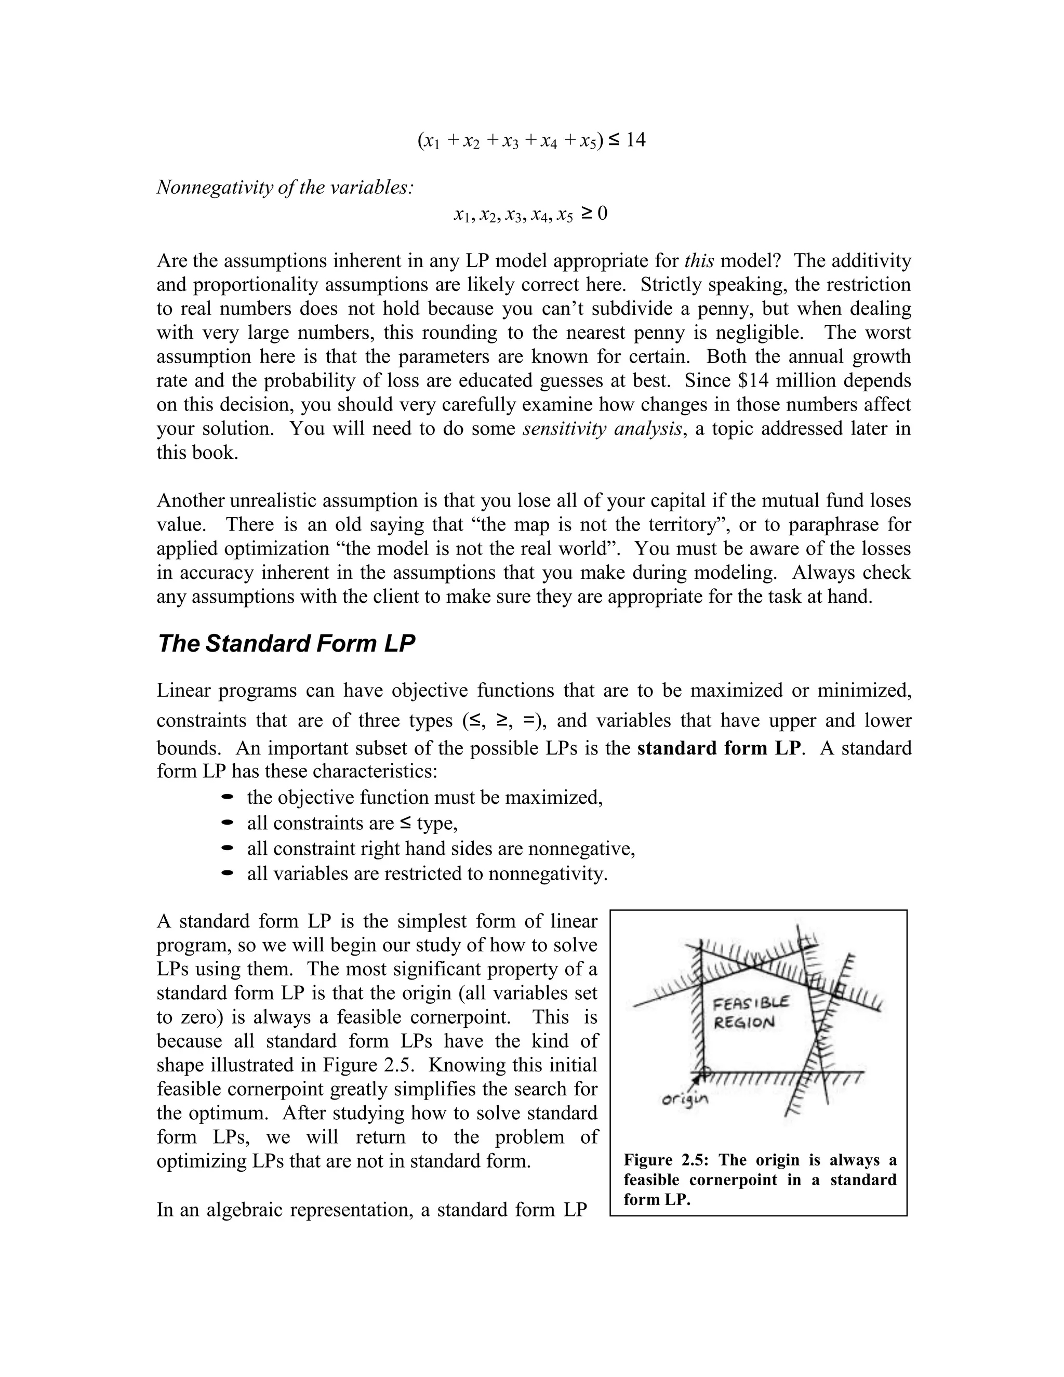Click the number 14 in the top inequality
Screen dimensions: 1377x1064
tap(635, 139)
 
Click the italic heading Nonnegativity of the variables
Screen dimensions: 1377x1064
tap(284, 187)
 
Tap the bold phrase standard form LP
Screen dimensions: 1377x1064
tap(719, 748)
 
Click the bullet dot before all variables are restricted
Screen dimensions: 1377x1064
tap(228, 874)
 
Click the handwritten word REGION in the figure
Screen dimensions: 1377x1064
tap(744, 1024)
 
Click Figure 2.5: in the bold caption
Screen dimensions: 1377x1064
tap(667, 1161)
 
